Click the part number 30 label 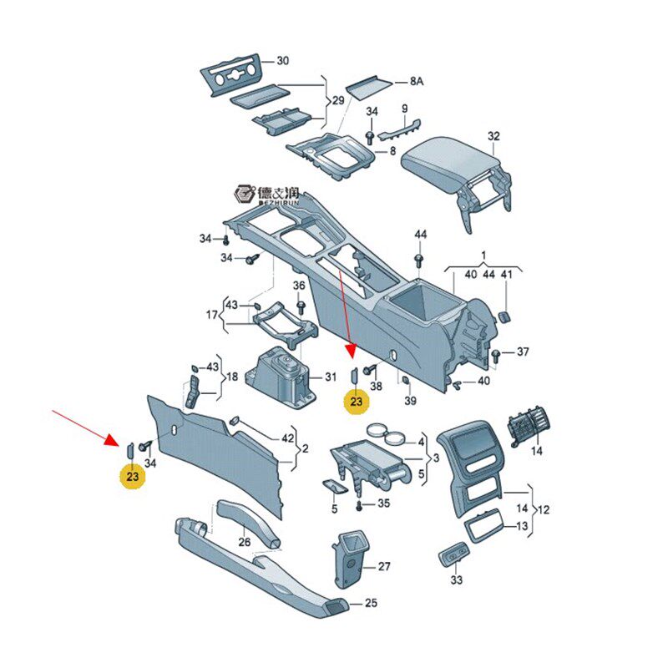(x=283, y=61)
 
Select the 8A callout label (x=416, y=81)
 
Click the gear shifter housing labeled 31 (x=281, y=377)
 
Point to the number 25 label (x=371, y=603)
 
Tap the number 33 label (x=456, y=579)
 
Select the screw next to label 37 (x=495, y=356)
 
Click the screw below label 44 (x=419, y=260)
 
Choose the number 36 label (x=299, y=285)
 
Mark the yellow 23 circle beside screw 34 (x=133, y=476)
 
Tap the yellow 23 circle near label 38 (x=357, y=402)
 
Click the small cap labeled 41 (x=505, y=316)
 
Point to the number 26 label (x=244, y=542)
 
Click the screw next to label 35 (x=359, y=506)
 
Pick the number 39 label (x=410, y=401)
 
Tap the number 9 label (x=405, y=109)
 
